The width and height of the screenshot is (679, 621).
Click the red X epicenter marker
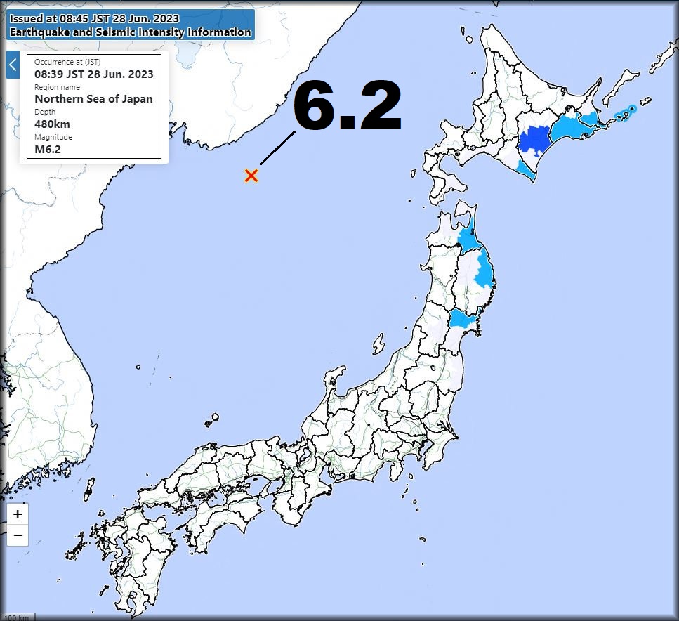pos(251,176)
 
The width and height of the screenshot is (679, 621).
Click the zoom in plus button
pos(18,514)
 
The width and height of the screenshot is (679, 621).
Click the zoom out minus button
pos(18,535)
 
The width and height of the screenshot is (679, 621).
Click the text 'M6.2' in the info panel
pos(48,149)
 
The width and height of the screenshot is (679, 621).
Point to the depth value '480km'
pos(52,124)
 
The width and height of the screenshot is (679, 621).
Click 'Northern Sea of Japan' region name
pos(93,99)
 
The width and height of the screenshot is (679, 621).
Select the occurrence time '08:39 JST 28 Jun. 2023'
pos(93,74)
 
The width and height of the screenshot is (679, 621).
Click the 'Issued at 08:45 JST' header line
pos(94,18)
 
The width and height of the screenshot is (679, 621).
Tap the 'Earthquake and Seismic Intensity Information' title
pos(130,32)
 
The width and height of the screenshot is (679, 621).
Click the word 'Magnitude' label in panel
pos(53,137)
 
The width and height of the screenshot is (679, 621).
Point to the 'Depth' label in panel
pos(44,112)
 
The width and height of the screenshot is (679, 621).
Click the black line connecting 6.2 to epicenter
pos(277,147)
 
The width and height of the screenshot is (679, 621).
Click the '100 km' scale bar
pos(18,617)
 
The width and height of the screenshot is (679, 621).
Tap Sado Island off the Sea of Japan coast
pos(378,344)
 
